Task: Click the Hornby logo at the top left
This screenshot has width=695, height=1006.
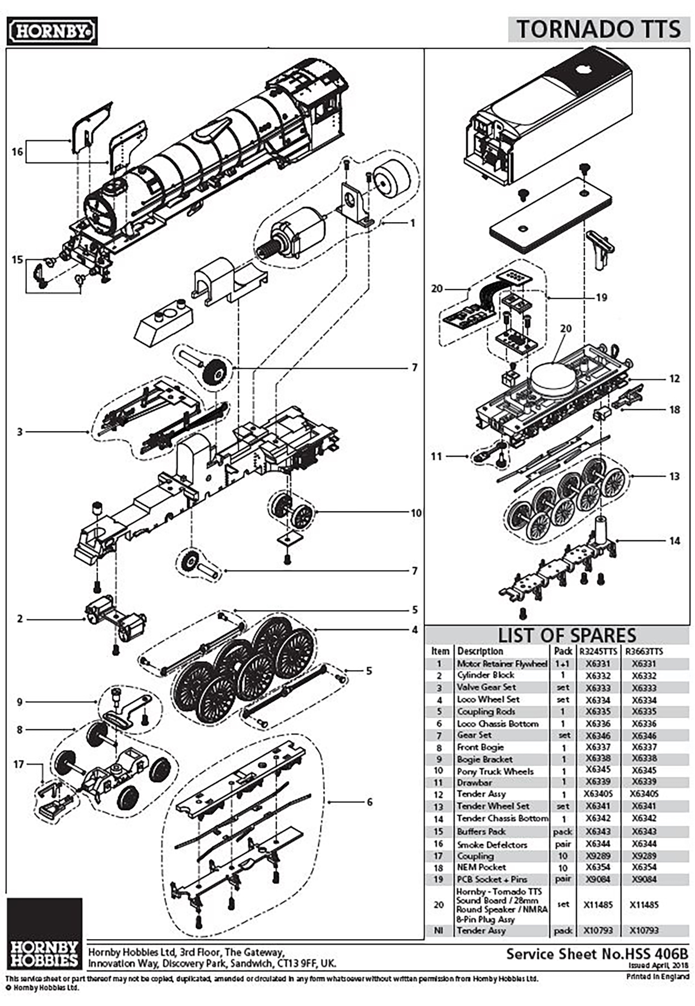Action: click(x=52, y=31)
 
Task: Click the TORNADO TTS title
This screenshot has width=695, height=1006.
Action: click(x=599, y=29)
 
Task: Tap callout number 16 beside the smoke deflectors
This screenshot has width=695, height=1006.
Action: click(x=17, y=152)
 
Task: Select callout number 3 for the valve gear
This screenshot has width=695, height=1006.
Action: click(x=19, y=432)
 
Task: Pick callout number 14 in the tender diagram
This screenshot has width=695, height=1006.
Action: click(x=675, y=541)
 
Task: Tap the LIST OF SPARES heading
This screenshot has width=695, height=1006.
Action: click(x=567, y=635)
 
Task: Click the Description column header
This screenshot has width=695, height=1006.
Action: click(x=480, y=651)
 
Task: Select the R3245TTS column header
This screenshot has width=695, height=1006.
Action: click(x=598, y=651)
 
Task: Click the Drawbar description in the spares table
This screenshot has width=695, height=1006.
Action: click(x=474, y=782)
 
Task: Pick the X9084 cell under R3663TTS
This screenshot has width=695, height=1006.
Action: click(x=644, y=879)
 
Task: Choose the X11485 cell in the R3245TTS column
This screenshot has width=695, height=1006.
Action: click(x=598, y=905)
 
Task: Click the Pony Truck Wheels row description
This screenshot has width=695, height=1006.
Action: click(x=495, y=771)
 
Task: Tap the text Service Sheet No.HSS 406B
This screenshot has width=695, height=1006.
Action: click(x=597, y=954)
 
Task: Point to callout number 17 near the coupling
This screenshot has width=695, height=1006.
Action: click(x=19, y=764)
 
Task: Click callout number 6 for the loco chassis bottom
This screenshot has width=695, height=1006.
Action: click(x=369, y=802)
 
